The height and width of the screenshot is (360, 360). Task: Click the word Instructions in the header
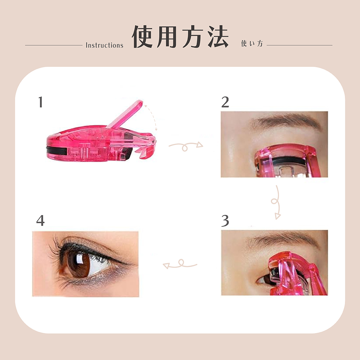(104, 45)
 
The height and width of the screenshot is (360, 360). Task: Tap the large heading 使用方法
(180, 37)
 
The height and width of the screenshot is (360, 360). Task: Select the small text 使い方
(252, 44)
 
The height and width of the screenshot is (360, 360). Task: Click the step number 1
(41, 102)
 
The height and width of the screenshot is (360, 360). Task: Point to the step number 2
(225, 102)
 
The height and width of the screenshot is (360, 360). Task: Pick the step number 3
(225, 221)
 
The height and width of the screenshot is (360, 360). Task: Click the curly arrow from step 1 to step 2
(186, 146)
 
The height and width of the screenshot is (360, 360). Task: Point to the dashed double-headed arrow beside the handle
(151, 117)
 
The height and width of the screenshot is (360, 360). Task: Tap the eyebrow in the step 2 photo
(286, 121)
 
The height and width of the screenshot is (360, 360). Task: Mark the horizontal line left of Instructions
(54, 45)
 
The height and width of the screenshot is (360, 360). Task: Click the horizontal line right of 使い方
(300, 45)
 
